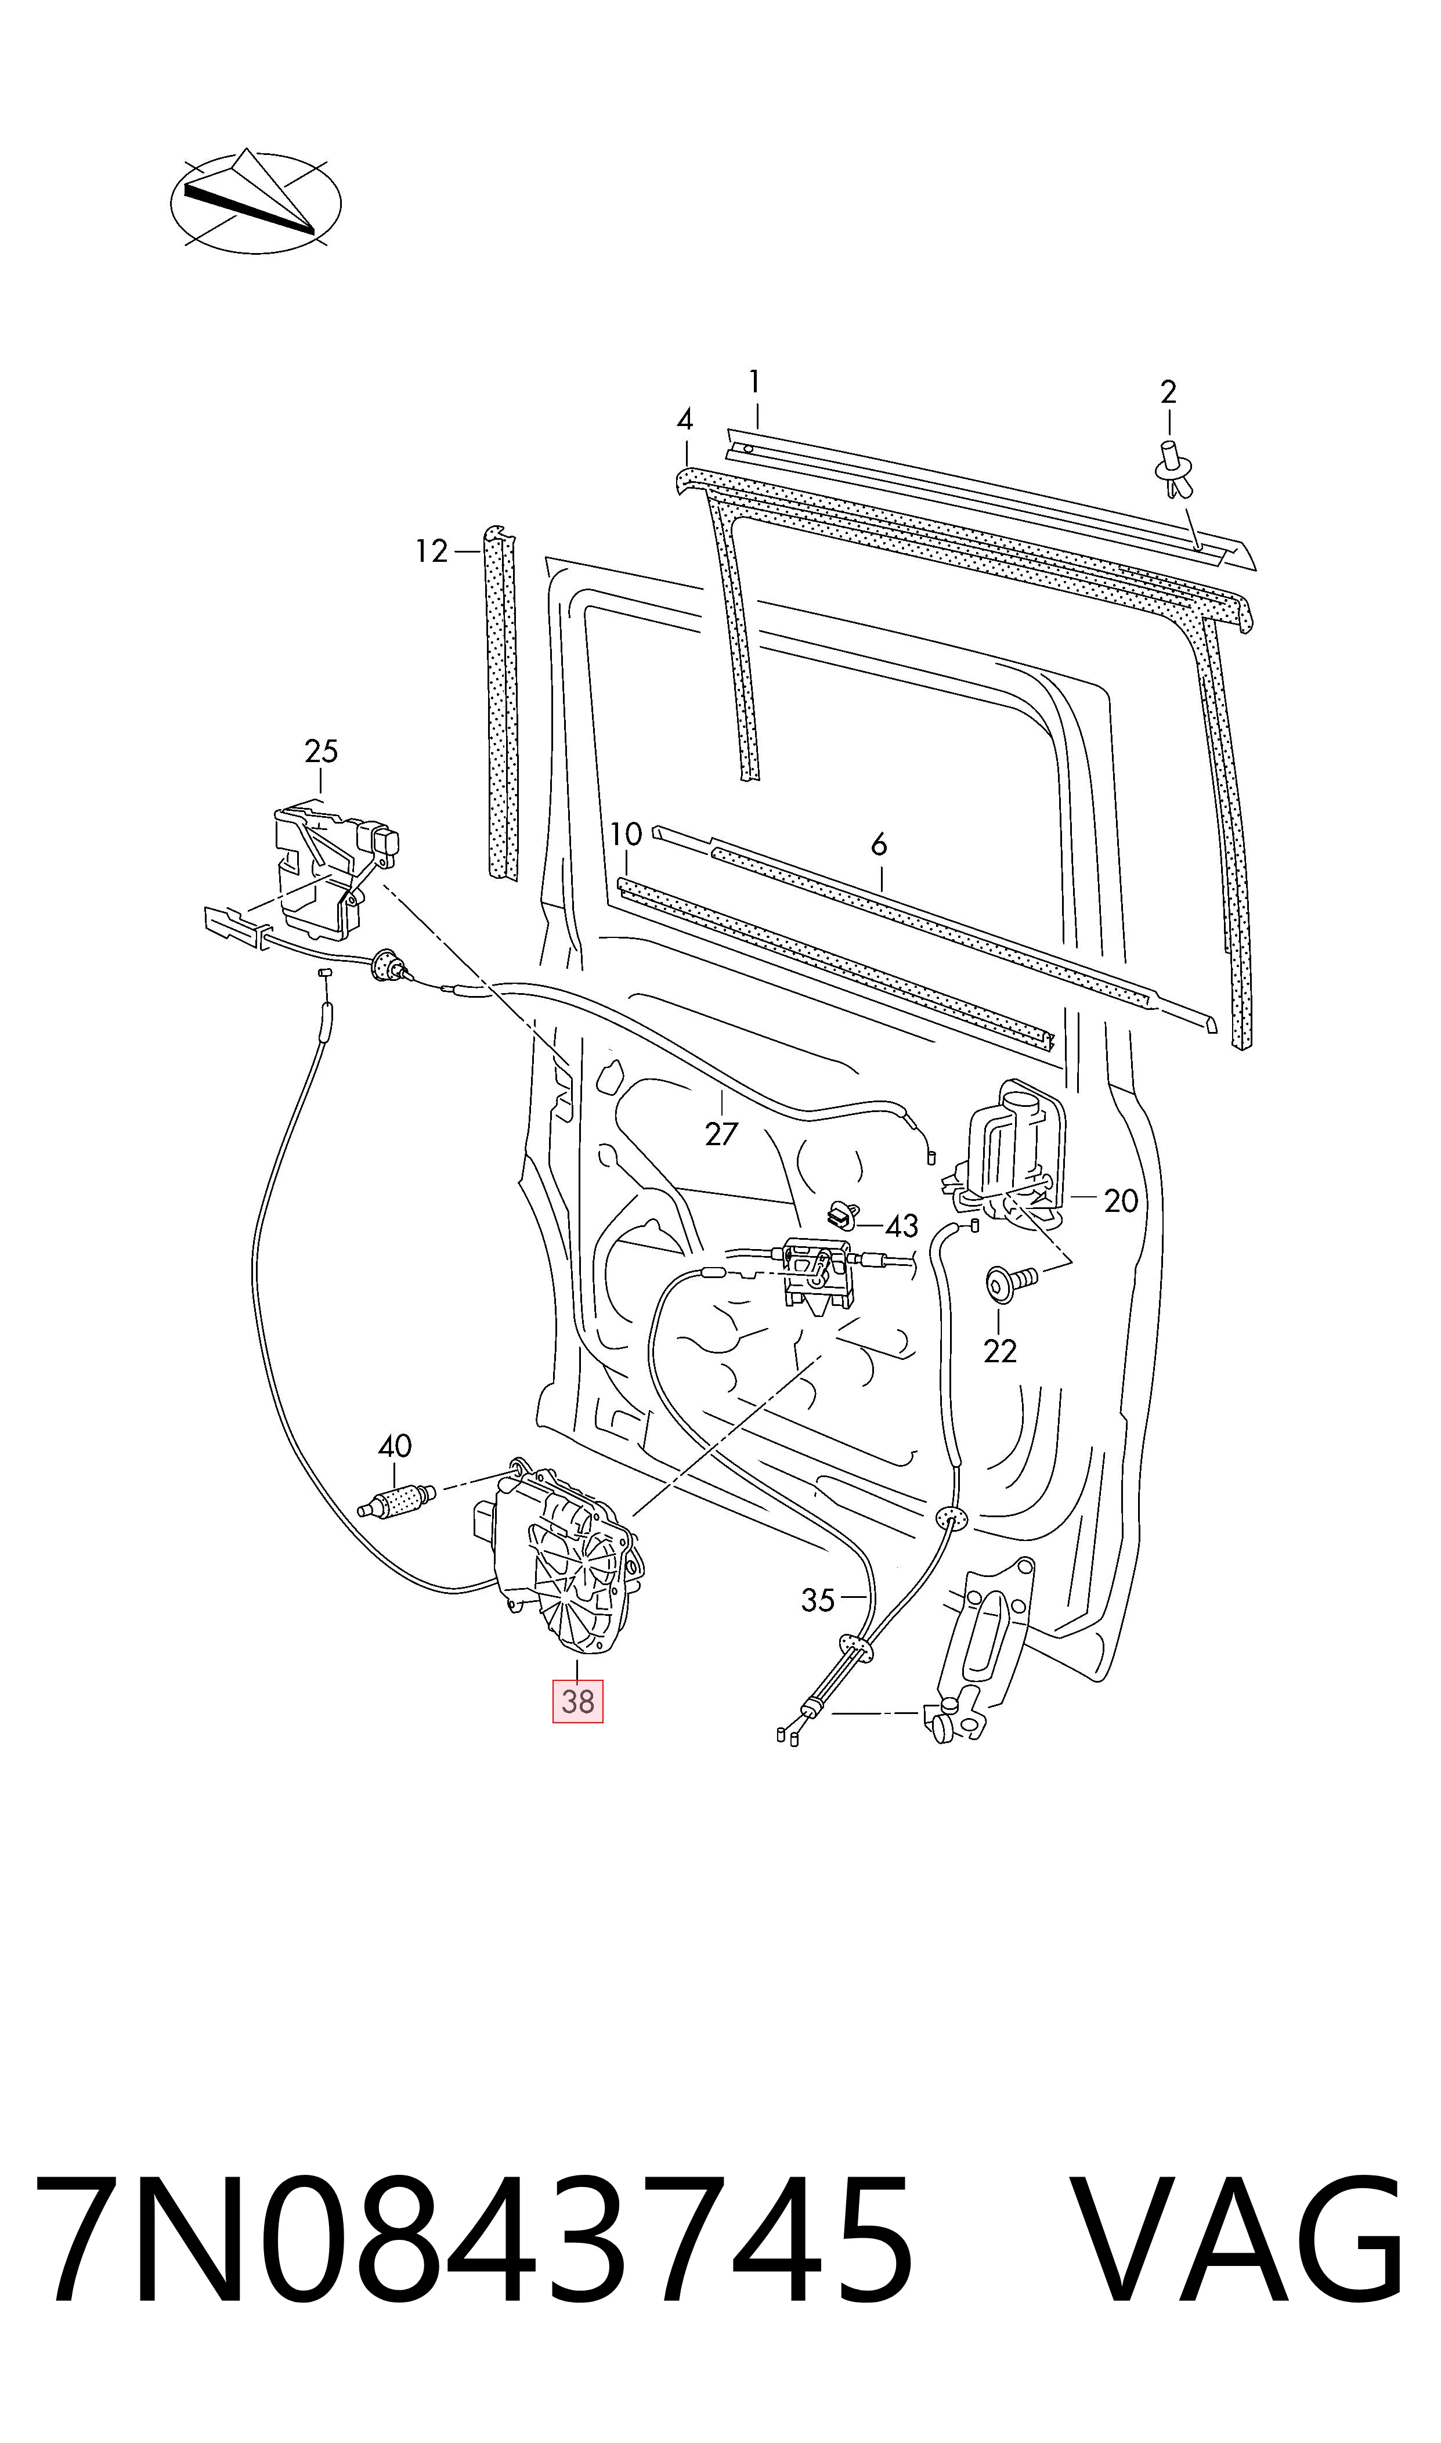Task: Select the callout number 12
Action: (431, 551)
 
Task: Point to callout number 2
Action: (1168, 392)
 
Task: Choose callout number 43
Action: (902, 1226)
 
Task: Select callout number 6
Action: (879, 845)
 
